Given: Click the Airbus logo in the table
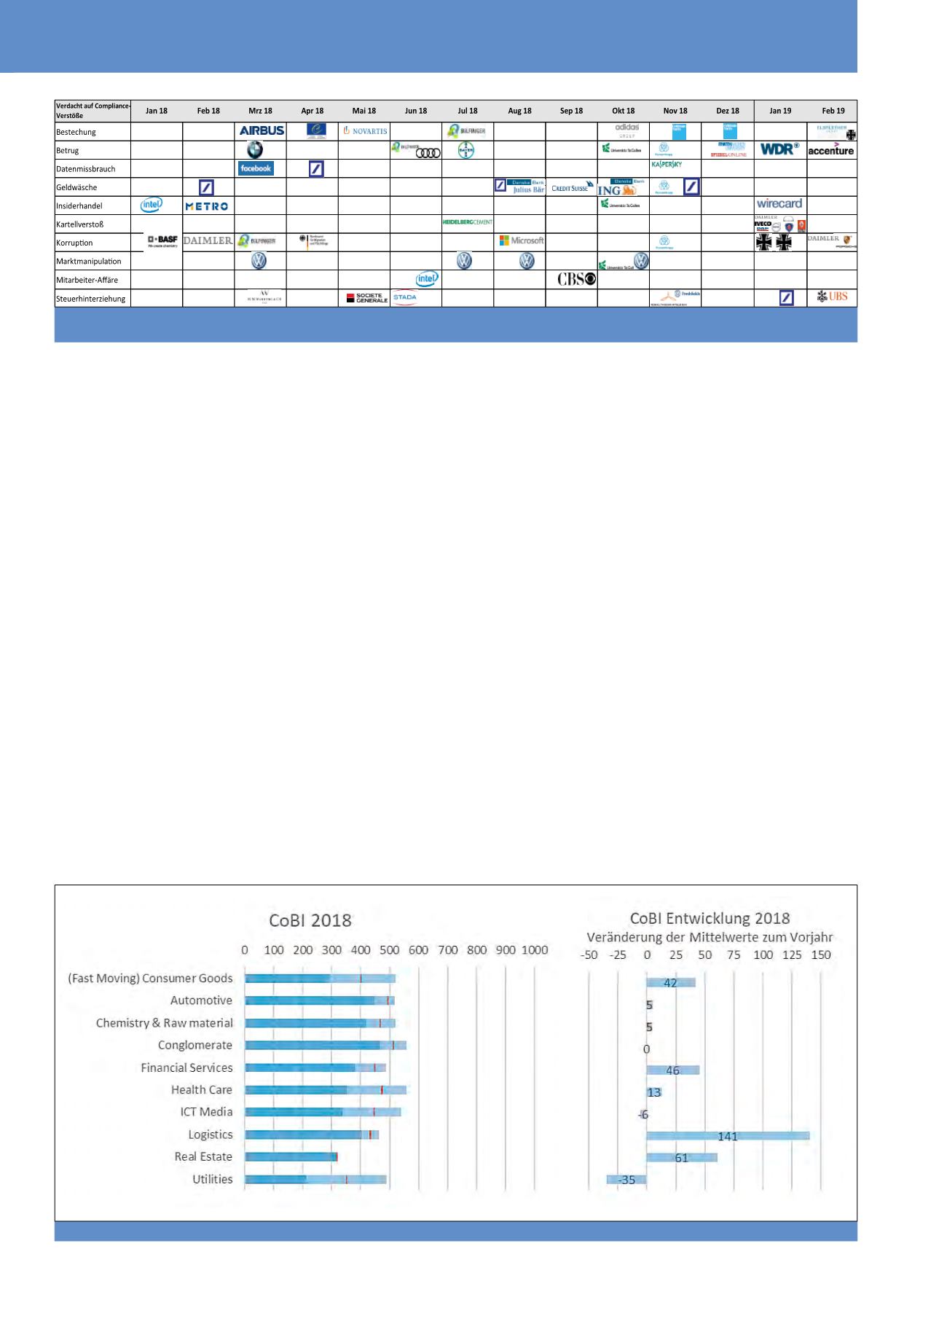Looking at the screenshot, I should click(x=262, y=130).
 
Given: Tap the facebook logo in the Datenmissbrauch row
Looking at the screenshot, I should click(x=256, y=168).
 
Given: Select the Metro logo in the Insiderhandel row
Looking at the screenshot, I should click(x=207, y=206).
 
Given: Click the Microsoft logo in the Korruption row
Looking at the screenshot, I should click(x=522, y=240).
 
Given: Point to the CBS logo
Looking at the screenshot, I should click(x=576, y=279).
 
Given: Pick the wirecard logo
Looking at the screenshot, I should click(x=779, y=204).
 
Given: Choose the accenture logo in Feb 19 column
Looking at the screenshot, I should click(x=831, y=150).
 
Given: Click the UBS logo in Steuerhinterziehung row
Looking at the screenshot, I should click(x=833, y=297).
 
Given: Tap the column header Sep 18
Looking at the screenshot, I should click(x=571, y=111).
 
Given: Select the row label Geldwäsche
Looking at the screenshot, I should click(x=76, y=187).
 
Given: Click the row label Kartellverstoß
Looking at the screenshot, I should click(x=80, y=224).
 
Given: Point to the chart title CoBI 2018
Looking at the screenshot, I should click(x=310, y=920).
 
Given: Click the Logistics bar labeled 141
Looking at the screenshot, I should click(x=728, y=1136).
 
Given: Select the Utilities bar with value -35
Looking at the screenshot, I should click(x=626, y=1180).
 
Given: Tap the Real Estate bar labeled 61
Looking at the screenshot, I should click(x=682, y=1158).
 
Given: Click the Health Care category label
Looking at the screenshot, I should click(x=202, y=1089).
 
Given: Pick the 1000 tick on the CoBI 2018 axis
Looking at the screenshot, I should click(x=535, y=950).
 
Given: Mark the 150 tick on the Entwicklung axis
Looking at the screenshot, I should click(x=821, y=955).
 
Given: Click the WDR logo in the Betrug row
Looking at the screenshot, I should click(x=779, y=149).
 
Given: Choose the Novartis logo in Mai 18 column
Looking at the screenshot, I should click(x=365, y=131).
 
